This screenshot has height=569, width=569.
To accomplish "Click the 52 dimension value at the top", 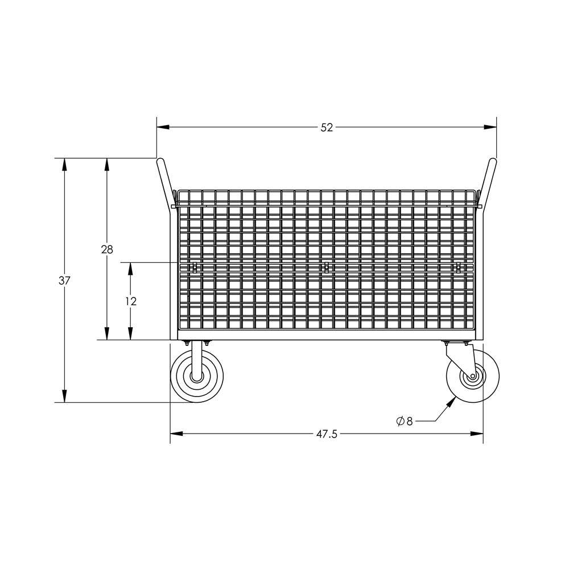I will (326, 128).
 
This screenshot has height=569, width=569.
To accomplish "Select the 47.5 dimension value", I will (327, 434).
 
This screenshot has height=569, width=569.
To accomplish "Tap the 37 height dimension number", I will (64, 281).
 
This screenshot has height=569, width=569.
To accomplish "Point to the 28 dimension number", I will (107, 249).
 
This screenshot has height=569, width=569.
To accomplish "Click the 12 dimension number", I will (131, 302).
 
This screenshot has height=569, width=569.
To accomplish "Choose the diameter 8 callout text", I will (405, 421).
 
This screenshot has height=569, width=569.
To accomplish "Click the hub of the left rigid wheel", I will (197, 376).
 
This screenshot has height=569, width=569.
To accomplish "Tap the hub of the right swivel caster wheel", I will (472, 376).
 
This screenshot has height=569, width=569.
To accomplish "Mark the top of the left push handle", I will (161, 162).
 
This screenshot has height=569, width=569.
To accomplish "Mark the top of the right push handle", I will (492, 162).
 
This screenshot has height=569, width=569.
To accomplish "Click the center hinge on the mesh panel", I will (326, 267).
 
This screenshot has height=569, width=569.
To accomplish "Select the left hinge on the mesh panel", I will (195, 267).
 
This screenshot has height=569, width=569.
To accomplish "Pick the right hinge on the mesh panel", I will (457, 267).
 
